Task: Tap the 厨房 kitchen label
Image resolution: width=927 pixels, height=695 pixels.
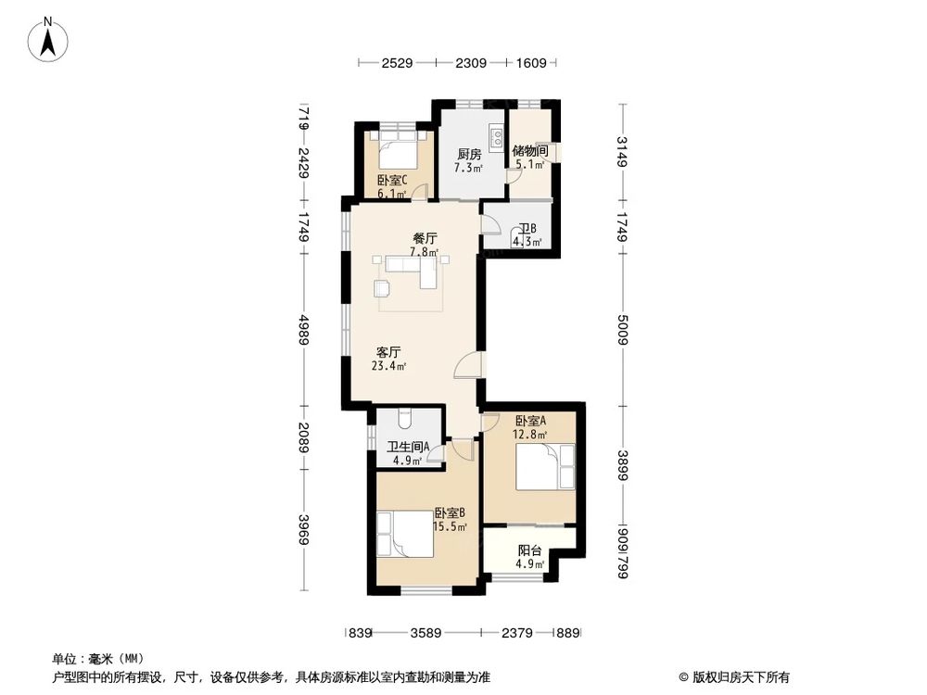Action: click(468, 155)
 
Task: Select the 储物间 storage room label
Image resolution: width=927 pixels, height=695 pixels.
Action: click(530, 150)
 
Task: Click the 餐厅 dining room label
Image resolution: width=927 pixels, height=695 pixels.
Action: click(425, 237)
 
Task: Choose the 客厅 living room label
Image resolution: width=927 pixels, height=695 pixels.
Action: click(388, 352)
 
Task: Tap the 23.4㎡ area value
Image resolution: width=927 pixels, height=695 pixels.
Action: click(389, 366)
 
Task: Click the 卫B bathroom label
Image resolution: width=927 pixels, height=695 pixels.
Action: click(527, 229)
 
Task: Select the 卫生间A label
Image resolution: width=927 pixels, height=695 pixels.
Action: click(408, 446)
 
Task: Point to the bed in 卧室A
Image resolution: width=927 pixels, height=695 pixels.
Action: click(546, 466)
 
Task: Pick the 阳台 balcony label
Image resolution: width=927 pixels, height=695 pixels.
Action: click(530, 550)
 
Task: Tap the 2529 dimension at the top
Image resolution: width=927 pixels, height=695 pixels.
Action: click(397, 63)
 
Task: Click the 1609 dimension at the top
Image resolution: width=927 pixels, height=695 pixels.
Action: click(533, 63)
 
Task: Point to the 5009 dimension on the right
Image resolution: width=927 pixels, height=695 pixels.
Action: click(623, 327)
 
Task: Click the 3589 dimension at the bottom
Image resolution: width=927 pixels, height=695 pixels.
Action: click(425, 633)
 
